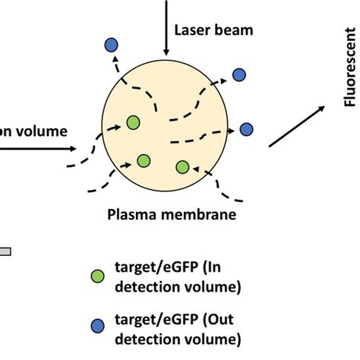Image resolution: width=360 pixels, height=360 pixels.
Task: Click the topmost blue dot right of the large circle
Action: click(239, 74)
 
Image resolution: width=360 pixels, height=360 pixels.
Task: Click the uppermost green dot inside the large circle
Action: click(133, 122)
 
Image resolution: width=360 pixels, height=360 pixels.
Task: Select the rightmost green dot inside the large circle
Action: click(182, 167)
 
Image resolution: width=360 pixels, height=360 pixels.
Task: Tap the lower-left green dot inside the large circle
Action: click(144, 160)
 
